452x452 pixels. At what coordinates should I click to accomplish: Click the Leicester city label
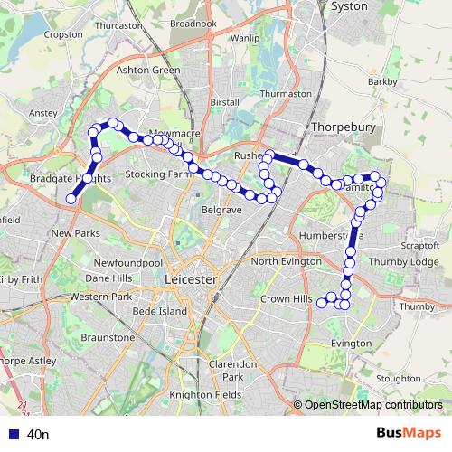192,280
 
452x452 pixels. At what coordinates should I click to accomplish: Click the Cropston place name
62,33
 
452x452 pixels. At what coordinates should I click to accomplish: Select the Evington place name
351,344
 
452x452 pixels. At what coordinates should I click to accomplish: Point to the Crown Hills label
285,298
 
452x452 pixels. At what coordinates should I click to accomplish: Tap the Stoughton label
398,378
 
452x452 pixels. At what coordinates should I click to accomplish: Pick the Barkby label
383,81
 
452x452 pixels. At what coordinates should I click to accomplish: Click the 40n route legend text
38,435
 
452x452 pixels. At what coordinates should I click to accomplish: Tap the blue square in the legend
11,435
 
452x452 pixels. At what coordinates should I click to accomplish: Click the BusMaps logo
410,434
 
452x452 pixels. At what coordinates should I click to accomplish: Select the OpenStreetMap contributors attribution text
373,405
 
